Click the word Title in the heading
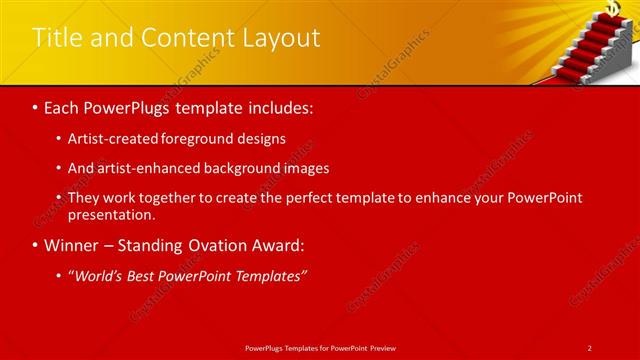[56, 38]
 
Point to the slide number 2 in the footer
[589, 347]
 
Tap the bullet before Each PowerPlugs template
[37, 106]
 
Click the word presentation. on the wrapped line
[112, 214]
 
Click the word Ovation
[218, 244]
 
